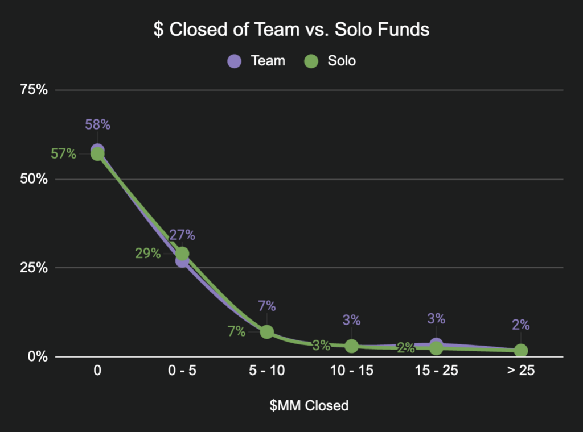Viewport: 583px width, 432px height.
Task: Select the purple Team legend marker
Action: coord(234,61)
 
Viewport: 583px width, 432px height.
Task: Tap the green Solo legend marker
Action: coord(311,61)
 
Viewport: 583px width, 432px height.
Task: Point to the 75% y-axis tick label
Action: coord(34,90)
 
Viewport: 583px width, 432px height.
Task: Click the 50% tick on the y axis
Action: coord(34,179)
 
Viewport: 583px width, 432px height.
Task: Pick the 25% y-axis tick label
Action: coord(34,268)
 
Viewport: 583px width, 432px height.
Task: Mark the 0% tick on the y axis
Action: coord(38,356)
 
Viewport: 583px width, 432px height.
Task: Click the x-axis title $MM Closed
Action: coord(309,406)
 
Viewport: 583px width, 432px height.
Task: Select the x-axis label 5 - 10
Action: coord(266,372)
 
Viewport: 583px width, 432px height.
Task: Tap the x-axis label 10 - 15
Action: coord(351,372)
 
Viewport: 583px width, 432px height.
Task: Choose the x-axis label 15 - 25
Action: coord(436,372)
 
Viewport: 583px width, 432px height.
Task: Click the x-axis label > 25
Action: coord(520,372)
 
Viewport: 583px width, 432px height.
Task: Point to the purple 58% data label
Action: coord(97,125)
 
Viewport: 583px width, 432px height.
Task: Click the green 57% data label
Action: coord(63,153)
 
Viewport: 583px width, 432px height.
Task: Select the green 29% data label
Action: coord(147,254)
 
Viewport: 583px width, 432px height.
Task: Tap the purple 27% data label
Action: coord(182,235)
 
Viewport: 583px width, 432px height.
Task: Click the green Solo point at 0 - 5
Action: coord(182,254)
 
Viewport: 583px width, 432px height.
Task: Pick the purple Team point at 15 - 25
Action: coord(437,344)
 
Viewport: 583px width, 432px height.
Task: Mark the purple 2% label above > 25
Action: coord(521,325)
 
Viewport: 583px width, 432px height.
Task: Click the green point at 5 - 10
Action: coord(266,331)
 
